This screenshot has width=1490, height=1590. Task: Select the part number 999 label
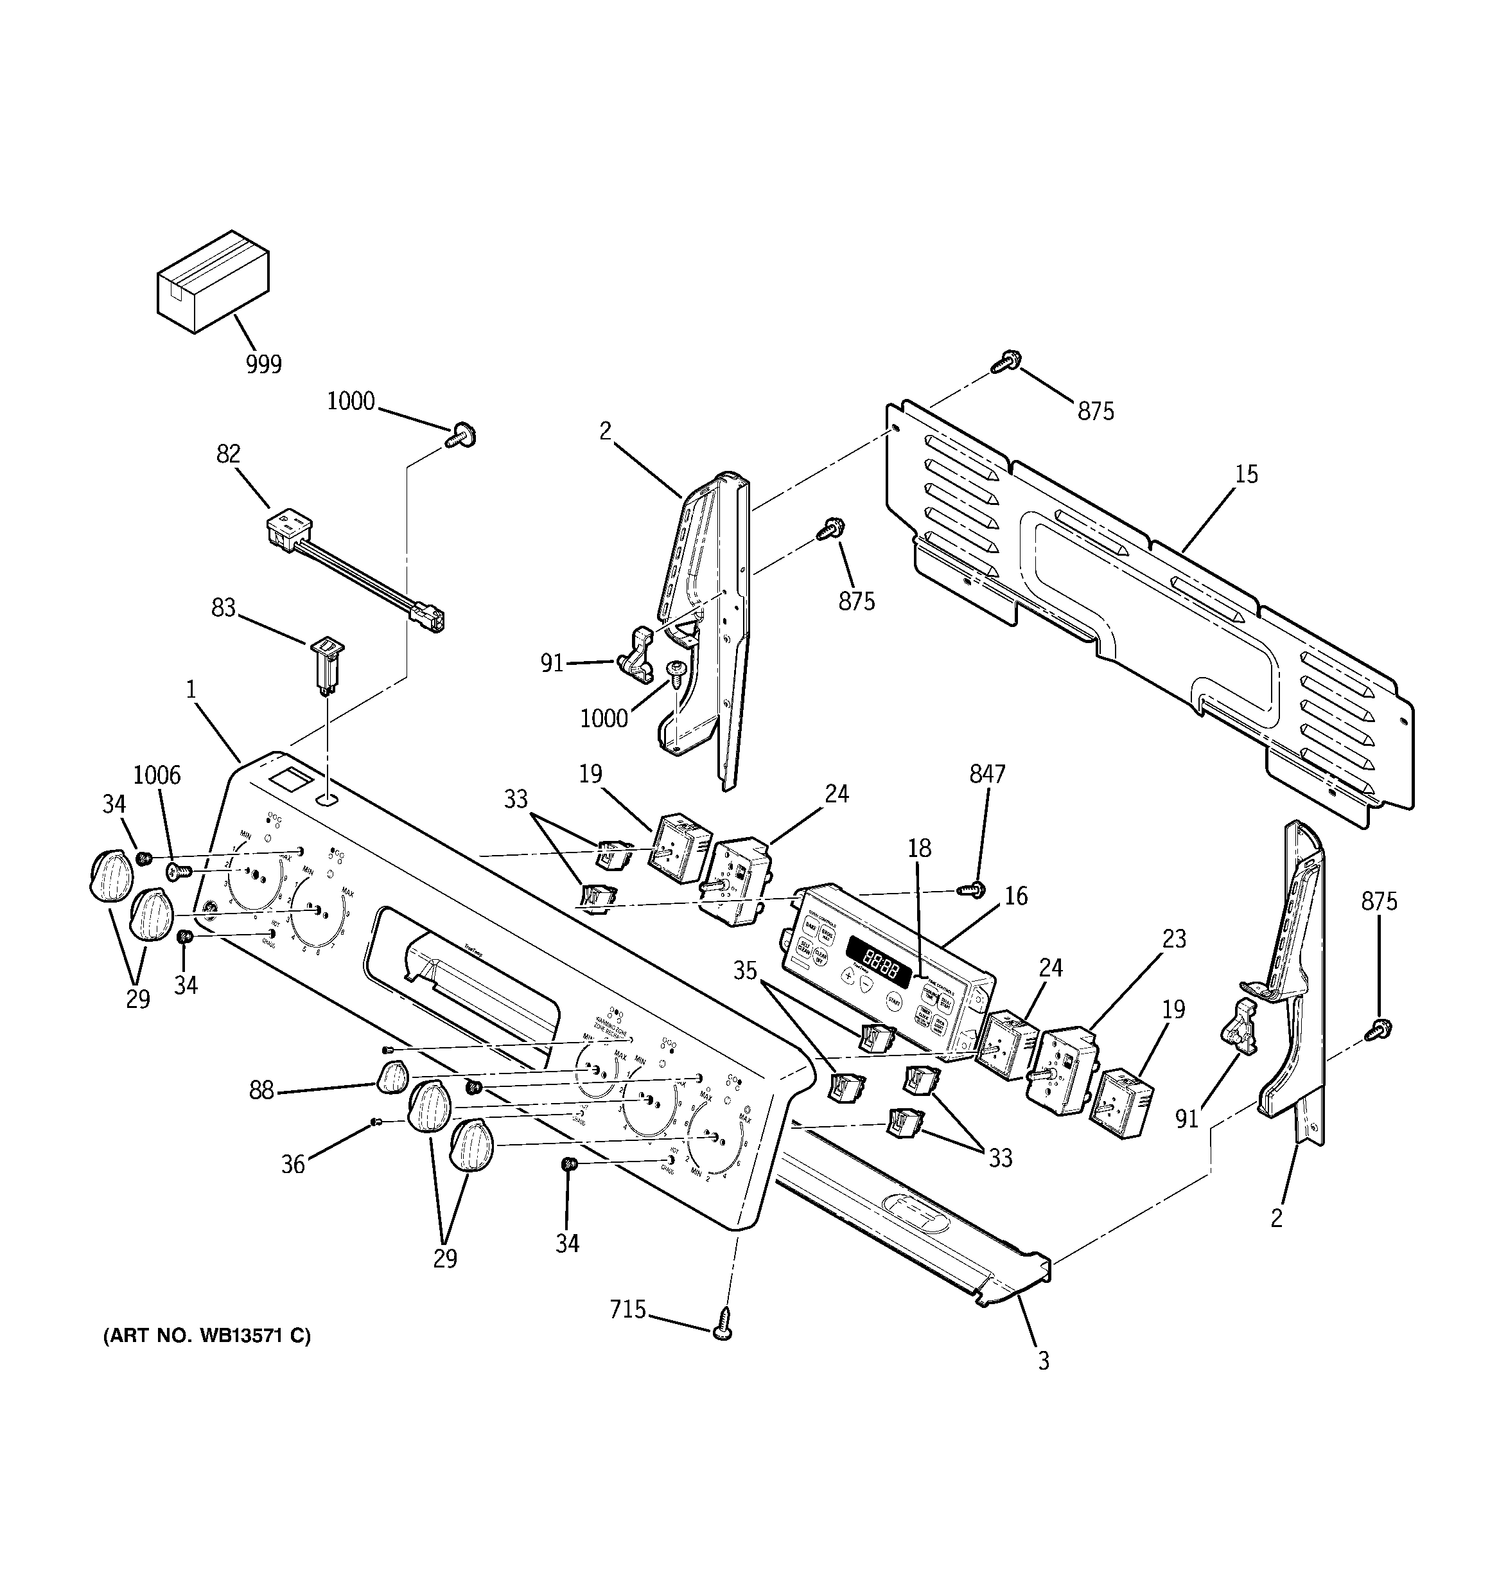(x=263, y=365)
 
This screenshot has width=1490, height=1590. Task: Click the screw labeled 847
(x=975, y=888)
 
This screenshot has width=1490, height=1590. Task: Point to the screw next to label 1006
(x=179, y=871)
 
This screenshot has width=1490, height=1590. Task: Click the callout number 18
(x=919, y=848)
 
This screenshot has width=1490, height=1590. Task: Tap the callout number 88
(x=261, y=1090)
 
